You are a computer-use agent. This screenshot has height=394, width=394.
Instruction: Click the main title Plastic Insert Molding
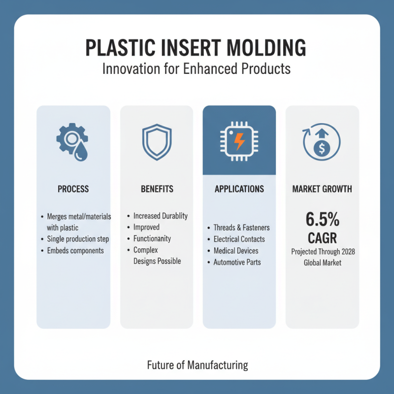point(196,49)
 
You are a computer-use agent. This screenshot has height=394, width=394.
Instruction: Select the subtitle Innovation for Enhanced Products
point(196,69)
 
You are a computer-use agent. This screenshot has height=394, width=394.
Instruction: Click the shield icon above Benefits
point(157,139)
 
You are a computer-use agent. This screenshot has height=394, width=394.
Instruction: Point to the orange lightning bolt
point(239,141)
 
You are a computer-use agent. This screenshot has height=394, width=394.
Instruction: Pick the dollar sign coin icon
point(322,146)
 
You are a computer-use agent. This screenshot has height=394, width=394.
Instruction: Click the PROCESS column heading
point(73,189)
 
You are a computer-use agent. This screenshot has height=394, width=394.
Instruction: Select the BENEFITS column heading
point(157,189)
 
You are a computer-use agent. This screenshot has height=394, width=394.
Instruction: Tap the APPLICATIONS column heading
point(239,189)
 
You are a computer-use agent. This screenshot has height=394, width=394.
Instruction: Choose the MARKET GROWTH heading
point(322,189)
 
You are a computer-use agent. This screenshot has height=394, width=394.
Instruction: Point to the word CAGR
point(322,238)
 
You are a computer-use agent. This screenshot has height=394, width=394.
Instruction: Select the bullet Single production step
point(78,239)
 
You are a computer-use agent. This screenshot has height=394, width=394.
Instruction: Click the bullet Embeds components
point(75,250)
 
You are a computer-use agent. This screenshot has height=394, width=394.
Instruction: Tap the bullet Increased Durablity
point(161,216)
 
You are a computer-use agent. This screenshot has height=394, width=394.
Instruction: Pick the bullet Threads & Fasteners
point(241,228)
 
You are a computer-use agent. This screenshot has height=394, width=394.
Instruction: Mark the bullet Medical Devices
point(236,251)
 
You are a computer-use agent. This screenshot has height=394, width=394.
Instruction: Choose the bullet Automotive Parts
point(237,263)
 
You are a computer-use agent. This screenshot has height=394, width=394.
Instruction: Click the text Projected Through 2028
point(323,252)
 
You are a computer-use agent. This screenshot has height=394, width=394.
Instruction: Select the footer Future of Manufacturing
point(197,365)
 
